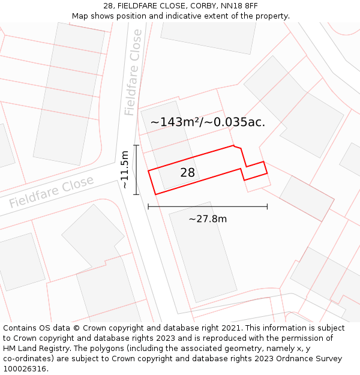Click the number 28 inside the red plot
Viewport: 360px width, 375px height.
tap(188, 173)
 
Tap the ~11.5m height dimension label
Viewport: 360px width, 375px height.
tap(124, 170)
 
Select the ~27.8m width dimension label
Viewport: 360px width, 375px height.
tap(208, 219)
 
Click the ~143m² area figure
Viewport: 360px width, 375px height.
tap(174, 122)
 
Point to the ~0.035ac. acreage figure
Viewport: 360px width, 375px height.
tap(235, 122)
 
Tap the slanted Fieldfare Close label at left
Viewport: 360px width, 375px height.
tap(52, 192)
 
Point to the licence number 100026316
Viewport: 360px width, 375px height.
tap(25, 369)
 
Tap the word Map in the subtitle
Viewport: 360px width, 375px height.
tap(81, 16)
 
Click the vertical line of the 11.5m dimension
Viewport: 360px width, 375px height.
tap(136, 170)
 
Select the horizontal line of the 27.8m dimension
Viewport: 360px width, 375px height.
tap(208, 207)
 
